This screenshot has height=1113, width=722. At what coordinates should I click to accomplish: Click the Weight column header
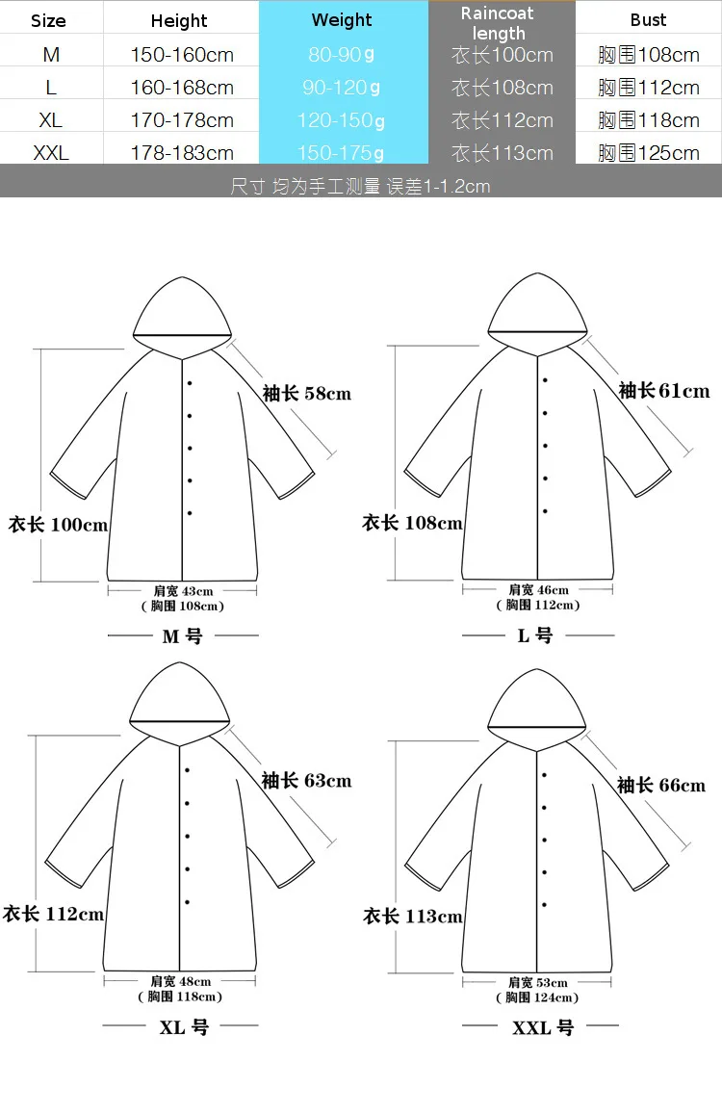(x=342, y=20)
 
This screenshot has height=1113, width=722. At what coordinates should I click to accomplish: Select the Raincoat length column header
(x=498, y=23)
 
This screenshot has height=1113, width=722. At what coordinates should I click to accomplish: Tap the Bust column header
(x=648, y=20)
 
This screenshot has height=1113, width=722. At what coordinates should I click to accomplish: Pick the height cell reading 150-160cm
(x=182, y=55)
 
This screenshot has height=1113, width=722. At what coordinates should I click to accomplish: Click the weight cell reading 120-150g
(x=341, y=120)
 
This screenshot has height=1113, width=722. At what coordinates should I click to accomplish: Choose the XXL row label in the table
(x=51, y=153)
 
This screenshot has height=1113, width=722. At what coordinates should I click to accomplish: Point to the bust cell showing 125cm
(x=649, y=153)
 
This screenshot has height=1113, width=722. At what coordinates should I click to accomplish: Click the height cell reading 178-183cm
(x=182, y=153)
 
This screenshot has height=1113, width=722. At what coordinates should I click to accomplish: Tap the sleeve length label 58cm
(x=307, y=393)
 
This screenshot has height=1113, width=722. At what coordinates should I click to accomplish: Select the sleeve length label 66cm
(x=661, y=785)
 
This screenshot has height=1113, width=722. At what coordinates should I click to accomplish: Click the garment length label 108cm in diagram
(x=412, y=523)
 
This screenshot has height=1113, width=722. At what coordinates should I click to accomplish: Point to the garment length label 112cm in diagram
(x=53, y=914)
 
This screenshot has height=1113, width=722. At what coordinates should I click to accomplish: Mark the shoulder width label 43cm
(x=183, y=590)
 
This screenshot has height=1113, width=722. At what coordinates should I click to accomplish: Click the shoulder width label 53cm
(x=538, y=982)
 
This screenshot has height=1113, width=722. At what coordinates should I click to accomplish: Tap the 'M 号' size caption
(x=183, y=636)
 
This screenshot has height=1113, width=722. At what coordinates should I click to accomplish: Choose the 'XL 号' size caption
(x=184, y=1027)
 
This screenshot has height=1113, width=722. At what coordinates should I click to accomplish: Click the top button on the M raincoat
(x=190, y=383)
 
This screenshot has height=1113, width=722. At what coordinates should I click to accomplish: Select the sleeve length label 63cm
(x=307, y=781)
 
